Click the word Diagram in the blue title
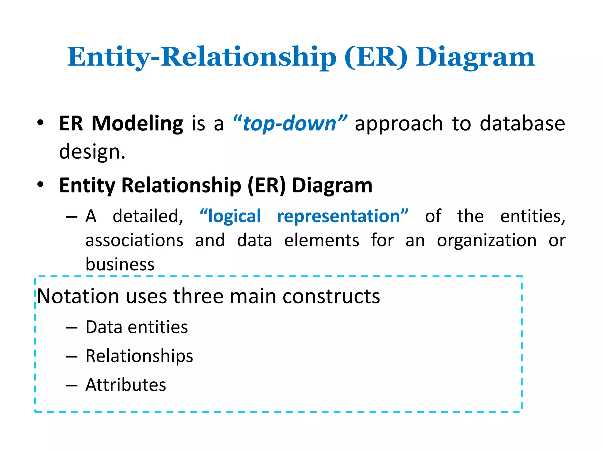475,57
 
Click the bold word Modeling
137,124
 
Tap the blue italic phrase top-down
290,124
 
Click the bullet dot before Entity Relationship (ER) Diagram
40,185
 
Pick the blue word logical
234,216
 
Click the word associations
134,240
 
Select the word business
120,264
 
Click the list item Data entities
137,327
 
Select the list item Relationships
139,356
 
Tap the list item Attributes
126,385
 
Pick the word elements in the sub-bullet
322,240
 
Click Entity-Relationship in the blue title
202,57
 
